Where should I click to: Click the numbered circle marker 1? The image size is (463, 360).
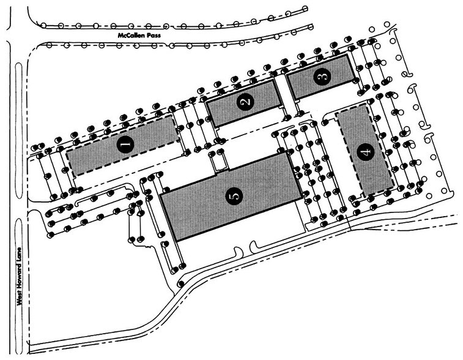[125, 144]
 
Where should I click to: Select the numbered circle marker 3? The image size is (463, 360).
[322, 77]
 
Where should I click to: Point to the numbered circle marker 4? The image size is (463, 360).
[366, 152]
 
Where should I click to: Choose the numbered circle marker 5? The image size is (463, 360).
[234, 196]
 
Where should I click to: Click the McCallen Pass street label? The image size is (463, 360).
[139, 36]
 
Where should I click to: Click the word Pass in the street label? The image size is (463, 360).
[154, 36]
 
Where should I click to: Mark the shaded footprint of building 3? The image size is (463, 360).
[320, 77]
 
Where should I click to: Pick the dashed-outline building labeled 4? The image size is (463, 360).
[365, 151]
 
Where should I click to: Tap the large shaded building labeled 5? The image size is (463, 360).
[232, 196]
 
